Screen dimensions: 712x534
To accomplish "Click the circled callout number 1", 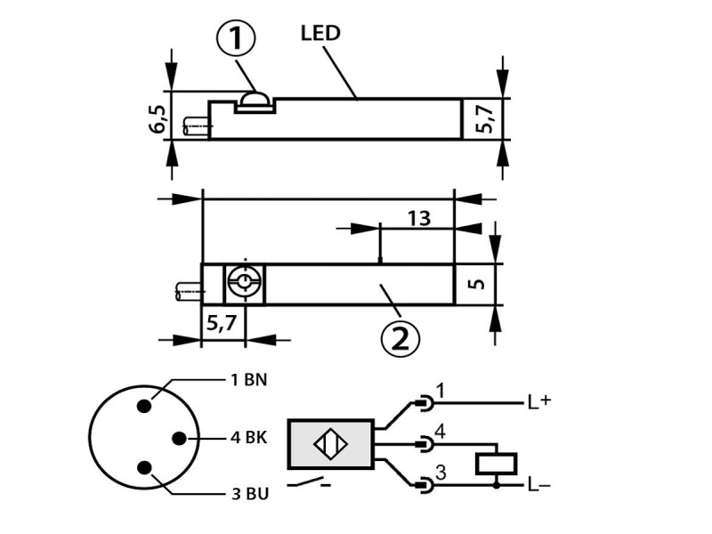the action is click(236, 39).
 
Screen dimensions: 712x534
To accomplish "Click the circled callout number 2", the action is click(400, 338).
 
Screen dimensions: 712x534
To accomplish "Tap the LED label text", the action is click(320, 33).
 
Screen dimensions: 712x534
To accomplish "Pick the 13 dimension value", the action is click(418, 219).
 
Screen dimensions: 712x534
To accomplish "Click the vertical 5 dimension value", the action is click(476, 284).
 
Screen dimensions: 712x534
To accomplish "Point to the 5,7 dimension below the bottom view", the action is click(222, 323).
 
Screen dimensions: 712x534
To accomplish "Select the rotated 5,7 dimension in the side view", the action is click(484, 119).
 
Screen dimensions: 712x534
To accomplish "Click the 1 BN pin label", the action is click(249, 379).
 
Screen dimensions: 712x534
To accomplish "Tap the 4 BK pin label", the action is click(249, 438).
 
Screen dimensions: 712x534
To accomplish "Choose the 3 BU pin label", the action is click(250, 494).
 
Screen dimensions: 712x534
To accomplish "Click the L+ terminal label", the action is click(539, 401).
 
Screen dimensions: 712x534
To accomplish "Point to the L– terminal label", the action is click(539, 485).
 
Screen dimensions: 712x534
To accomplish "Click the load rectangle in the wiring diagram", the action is click(497, 464).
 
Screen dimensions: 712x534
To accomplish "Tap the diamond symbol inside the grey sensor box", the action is click(330, 443).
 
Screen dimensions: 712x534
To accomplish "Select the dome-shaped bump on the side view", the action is click(255, 98).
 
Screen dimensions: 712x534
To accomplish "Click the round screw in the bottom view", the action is click(244, 283).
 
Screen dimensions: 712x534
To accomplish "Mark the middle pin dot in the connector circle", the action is click(180, 438).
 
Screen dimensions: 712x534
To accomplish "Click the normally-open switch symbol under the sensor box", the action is click(309, 482).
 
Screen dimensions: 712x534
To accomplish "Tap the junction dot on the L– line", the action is click(497, 486).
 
